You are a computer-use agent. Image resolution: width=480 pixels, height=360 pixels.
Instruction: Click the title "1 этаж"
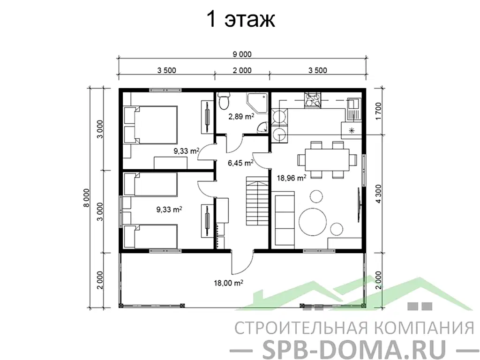240,20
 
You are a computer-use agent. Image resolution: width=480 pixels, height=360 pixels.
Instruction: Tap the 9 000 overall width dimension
242,54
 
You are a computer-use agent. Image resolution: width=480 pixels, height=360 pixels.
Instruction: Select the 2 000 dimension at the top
242,71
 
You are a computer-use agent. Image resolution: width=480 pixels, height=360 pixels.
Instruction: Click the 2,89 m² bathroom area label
241,116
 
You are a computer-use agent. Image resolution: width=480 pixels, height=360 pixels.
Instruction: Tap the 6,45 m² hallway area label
240,163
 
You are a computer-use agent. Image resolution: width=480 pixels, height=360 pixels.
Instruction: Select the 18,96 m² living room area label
292,178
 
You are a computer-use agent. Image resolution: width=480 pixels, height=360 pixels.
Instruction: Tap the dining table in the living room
327,160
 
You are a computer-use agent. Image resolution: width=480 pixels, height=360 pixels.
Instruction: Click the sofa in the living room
282,220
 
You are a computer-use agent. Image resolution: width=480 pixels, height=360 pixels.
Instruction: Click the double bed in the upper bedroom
150,124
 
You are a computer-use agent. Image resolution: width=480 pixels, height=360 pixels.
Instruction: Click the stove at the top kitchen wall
312,99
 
